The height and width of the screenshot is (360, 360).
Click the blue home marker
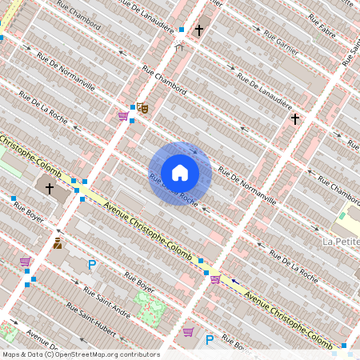coord(180,173)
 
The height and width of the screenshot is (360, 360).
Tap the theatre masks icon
coord(142,106)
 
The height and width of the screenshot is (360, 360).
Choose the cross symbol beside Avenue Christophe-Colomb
coord(50,189)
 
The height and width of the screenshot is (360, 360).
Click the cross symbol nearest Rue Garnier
coord(199,30)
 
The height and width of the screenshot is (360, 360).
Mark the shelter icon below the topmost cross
coord(179,47)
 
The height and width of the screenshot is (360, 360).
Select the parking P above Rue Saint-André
coord(92,265)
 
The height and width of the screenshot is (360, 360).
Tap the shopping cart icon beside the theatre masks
coord(122,116)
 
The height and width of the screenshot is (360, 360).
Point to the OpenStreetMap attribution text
coord(82,354)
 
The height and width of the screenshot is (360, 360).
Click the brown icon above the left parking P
coord(58,242)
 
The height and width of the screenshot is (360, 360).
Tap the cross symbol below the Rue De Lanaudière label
coord(295,119)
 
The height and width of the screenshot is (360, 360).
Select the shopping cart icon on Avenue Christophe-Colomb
coord(215,278)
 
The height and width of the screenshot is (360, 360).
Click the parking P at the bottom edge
coord(210,340)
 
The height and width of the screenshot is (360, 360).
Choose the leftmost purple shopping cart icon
coord(26,262)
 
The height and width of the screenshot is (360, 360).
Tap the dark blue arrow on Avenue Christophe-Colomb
coord(234,281)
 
